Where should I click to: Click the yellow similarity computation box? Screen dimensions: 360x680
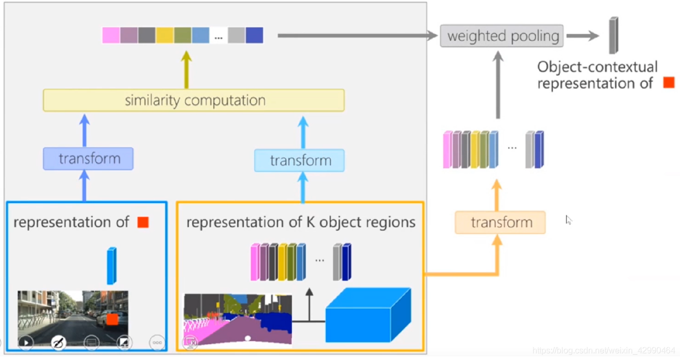(193, 100)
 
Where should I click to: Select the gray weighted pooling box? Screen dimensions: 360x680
(501, 36)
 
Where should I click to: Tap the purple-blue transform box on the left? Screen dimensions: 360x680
(88, 158)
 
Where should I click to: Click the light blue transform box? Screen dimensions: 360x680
(299, 161)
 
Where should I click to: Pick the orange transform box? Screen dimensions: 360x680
(500, 223)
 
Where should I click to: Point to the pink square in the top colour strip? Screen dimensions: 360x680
(111, 35)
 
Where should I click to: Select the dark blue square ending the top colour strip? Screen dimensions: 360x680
(254, 35)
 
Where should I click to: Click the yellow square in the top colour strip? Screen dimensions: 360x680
(164, 35)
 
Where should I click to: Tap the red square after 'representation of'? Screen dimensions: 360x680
(143, 223)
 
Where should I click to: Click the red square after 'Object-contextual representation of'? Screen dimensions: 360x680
(668, 83)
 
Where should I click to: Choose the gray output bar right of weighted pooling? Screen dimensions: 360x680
(613, 35)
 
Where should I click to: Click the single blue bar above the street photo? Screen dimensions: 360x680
(111, 266)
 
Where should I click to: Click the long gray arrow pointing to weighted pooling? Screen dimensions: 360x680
(357, 36)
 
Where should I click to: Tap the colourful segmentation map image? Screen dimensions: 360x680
(237, 319)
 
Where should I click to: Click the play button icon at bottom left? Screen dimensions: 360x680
(25, 343)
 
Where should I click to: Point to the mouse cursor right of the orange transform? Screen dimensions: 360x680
(568, 220)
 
